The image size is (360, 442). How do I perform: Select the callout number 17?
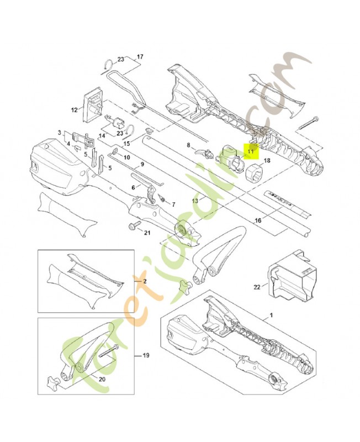140,56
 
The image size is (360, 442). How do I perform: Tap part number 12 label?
75,110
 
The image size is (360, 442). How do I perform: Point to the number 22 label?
257,286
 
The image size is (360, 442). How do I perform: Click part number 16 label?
257,220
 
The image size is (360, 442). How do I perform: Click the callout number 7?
173,204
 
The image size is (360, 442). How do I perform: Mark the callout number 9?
142,164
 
